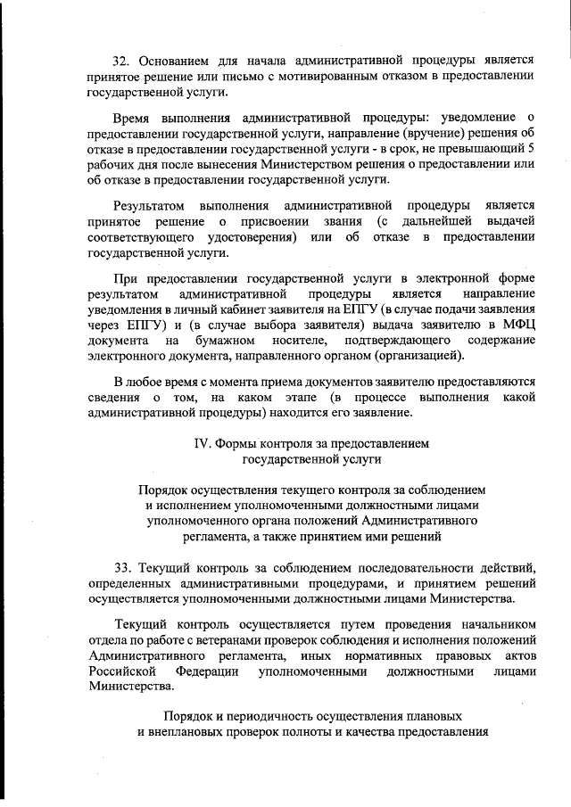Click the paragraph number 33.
click(x=124, y=568)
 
